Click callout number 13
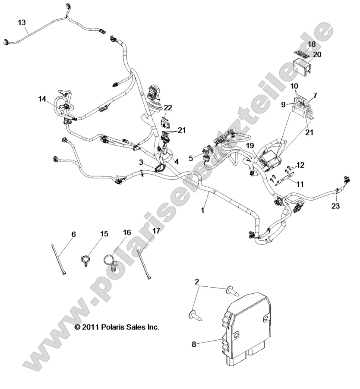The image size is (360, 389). pyautogui.click(x=22, y=22)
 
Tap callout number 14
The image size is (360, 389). pyautogui.click(x=41, y=99)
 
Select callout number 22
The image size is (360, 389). pyautogui.click(x=168, y=107)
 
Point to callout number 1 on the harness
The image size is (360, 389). pyautogui.click(x=202, y=210)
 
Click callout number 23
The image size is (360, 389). pyautogui.click(x=336, y=206)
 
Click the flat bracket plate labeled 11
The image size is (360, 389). pyautogui.click(x=284, y=178)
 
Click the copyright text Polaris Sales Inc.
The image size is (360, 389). pyautogui.click(x=117, y=327)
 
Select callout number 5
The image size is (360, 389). pyautogui.click(x=191, y=158)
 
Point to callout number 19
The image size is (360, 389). pyautogui.click(x=250, y=145)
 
